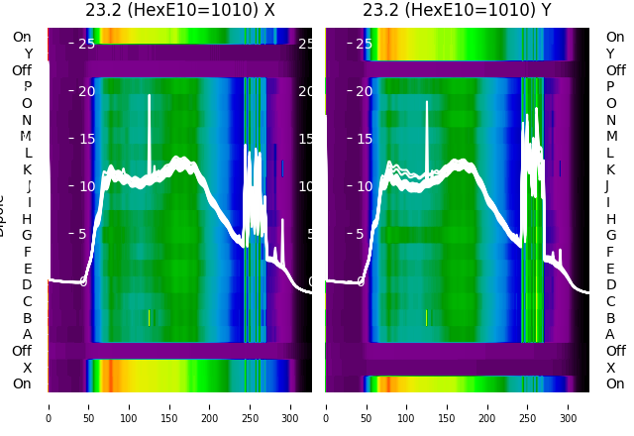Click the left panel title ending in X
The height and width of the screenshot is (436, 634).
(180, 11)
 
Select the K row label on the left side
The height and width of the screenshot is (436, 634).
(27, 169)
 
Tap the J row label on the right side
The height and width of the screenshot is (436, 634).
(607, 186)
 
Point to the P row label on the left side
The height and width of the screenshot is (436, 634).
(27, 87)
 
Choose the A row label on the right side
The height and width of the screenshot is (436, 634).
(610, 335)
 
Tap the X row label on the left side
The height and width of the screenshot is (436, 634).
(27, 368)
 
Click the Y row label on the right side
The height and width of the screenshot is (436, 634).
(610, 54)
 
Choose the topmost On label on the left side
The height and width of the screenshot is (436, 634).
(22, 38)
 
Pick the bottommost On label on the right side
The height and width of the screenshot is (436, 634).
(615, 384)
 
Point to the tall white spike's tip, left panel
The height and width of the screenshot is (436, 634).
(150, 96)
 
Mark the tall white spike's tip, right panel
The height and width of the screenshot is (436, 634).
(427, 101)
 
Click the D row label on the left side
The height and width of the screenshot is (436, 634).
(27, 285)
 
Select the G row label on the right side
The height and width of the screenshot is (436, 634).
(610, 236)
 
